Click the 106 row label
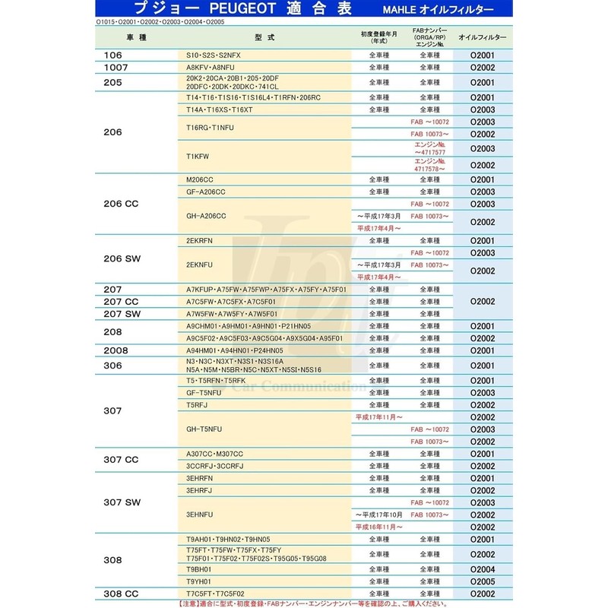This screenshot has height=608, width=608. [x=112, y=56]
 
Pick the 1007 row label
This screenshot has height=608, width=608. [x=116, y=68]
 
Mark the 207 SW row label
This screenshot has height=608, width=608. [x=124, y=314]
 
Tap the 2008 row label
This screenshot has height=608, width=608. [x=116, y=350]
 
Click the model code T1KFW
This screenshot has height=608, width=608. [x=198, y=155]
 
